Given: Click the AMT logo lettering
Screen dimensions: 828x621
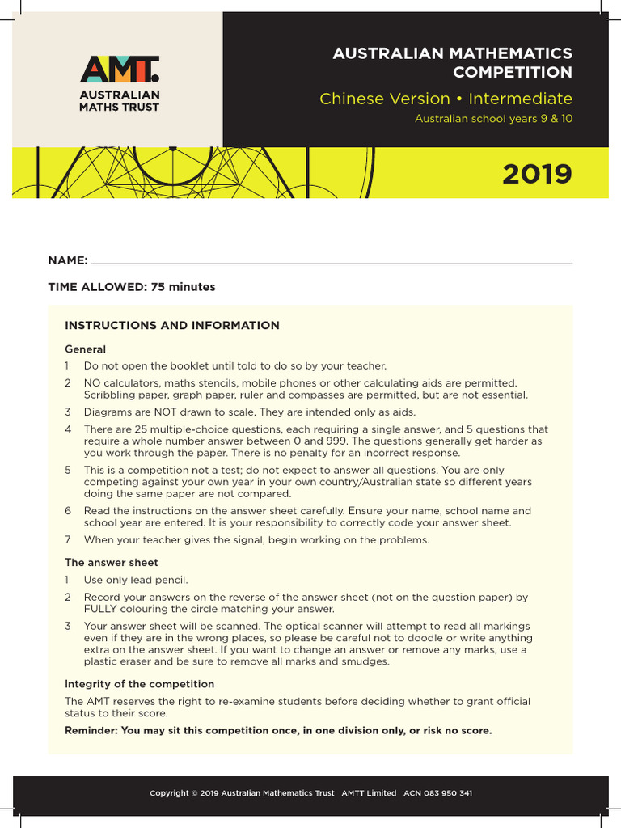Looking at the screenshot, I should (120, 70).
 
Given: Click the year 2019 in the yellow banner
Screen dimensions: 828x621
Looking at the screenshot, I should (537, 174).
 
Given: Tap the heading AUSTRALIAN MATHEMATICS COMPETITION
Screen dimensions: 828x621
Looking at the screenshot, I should (452, 63).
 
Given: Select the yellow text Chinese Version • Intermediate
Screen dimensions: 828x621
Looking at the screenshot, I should (446, 99).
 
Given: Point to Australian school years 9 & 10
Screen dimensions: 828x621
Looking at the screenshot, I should (493, 119).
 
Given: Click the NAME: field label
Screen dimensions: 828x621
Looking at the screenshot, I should (68, 260).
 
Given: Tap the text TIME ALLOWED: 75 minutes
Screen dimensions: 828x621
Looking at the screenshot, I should (132, 287).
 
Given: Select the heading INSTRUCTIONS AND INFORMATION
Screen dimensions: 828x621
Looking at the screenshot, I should (172, 326).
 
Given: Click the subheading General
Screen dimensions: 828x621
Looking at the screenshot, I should (85, 349).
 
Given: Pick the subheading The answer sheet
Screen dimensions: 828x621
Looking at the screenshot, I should (112, 562).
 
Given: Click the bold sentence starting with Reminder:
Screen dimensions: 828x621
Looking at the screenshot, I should (277, 730).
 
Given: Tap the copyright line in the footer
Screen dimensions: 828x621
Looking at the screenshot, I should (310, 793).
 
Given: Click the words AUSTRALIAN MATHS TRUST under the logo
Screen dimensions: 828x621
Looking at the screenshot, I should (120, 101).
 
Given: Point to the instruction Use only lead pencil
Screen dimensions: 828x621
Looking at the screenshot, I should (136, 580).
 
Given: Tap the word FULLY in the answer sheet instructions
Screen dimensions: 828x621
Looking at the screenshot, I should (100, 609).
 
